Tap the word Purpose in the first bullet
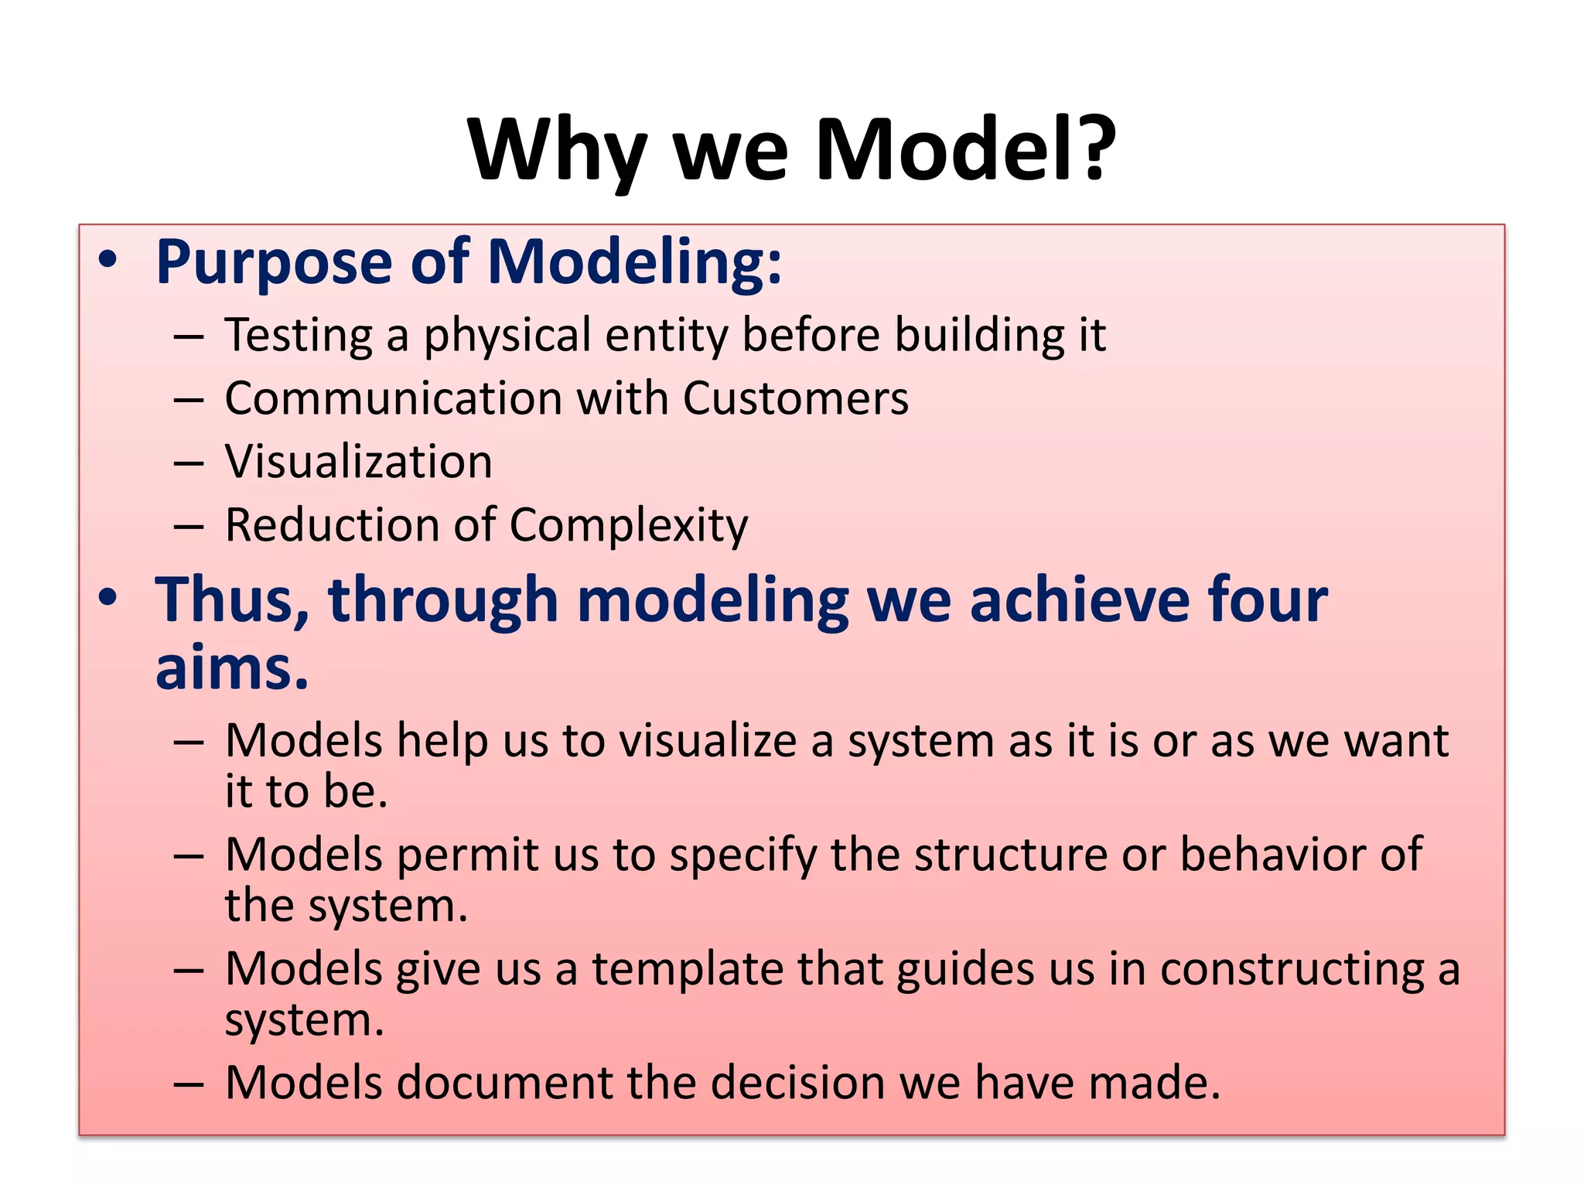(274, 264)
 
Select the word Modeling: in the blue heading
(634, 262)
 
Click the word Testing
(299, 336)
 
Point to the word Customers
(795, 398)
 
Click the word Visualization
(358, 462)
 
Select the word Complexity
(628, 526)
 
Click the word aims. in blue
(231, 667)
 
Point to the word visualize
(707, 741)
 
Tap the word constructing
(1292, 970)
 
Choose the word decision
(797, 1082)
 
